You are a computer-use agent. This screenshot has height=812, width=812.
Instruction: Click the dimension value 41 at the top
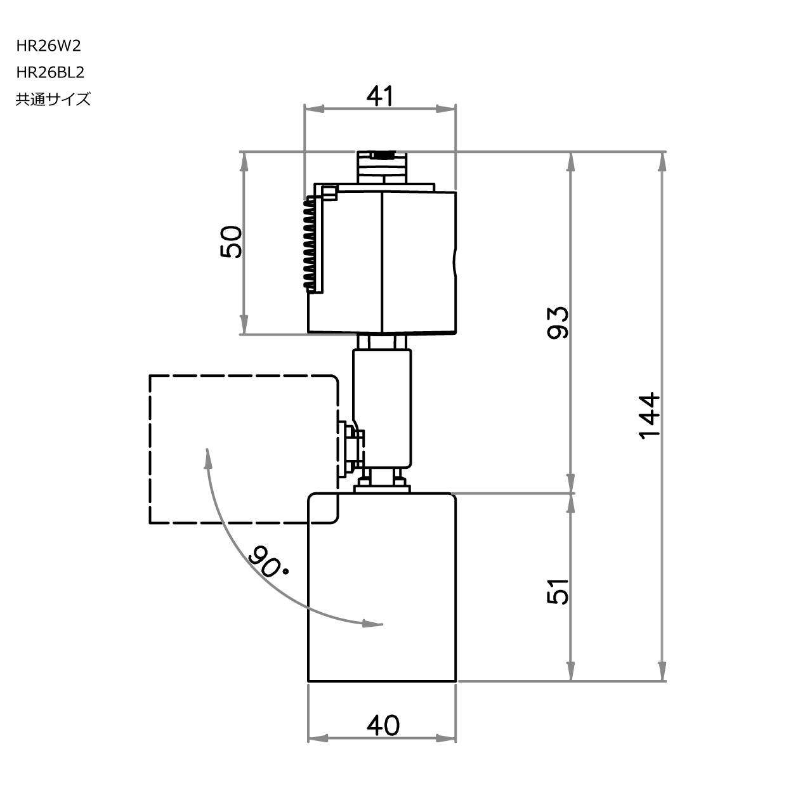380,96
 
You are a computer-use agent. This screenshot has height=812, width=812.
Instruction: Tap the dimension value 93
558,322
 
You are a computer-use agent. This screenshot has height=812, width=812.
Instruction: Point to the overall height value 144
649,416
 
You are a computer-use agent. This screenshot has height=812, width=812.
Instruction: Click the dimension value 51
558,591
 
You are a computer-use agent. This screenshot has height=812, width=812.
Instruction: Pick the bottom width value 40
383,725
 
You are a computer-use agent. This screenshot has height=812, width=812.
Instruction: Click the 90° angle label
266,561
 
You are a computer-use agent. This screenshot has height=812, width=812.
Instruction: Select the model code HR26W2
49,46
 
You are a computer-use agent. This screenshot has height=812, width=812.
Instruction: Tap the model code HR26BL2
51,72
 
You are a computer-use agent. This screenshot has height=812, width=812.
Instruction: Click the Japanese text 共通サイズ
53,99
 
